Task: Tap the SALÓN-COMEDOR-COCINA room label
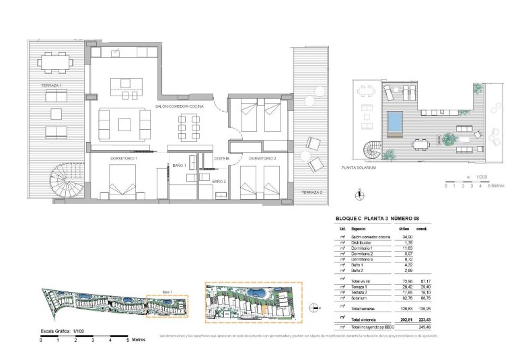[x=179, y=106]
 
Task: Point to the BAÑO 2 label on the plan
[x=219, y=182]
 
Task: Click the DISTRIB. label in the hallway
[x=222, y=158]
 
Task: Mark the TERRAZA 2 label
[x=311, y=192]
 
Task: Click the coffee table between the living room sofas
[x=125, y=123]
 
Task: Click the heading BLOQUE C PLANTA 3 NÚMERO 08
[x=379, y=218]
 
